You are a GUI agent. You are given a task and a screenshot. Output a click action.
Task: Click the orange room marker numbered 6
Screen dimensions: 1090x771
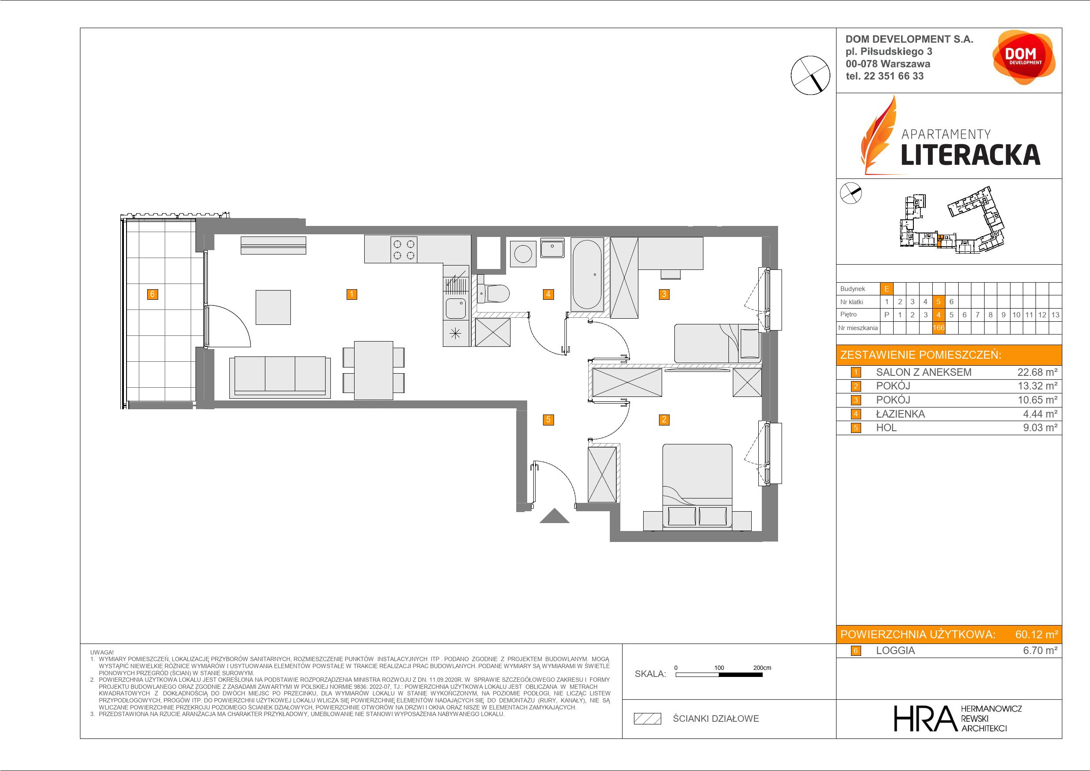click(152, 295)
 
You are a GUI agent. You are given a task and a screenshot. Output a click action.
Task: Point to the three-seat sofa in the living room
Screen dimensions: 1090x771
click(280, 377)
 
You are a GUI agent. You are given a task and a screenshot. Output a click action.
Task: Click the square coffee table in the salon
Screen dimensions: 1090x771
click(273, 307)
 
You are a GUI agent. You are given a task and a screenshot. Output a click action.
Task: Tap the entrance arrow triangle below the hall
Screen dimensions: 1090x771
click(554, 516)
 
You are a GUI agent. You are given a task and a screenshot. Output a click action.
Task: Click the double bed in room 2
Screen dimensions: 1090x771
click(697, 487)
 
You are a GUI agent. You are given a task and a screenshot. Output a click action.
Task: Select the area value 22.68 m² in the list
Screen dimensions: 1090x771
click(1037, 372)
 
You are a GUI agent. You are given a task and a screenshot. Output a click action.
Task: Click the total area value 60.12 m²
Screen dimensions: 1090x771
click(1036, 634)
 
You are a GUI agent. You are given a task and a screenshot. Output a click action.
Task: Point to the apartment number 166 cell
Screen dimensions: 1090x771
click(938, 328)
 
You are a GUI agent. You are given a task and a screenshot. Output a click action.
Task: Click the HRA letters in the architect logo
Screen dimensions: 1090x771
click(924, 718)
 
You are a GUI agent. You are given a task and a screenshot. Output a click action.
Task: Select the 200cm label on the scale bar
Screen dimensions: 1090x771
click(762, 668)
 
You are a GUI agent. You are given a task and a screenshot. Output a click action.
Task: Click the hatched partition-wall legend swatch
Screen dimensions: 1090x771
click(648, 718)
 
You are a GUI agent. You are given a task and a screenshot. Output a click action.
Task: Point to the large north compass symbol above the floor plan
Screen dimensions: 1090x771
click(811, 75)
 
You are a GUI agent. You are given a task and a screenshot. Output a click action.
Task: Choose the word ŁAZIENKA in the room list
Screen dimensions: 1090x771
click(900, 414)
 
